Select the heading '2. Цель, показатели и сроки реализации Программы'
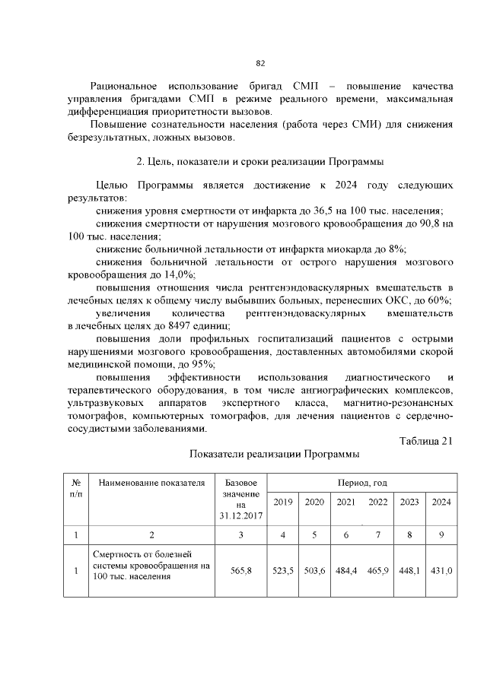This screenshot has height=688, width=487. tap(259, 161)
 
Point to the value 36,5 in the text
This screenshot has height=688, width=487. tap(346, 211)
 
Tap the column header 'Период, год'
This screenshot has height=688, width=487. tap(361, 483)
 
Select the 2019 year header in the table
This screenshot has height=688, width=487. tap(282, 501)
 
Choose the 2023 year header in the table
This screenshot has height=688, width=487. tap(409, 501)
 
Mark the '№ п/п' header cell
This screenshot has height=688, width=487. tap(76, 487)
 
